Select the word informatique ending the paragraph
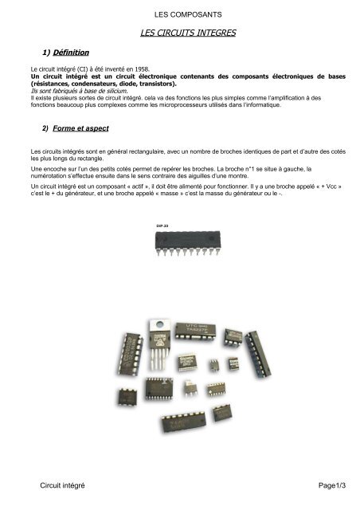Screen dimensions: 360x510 coord(317,104)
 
